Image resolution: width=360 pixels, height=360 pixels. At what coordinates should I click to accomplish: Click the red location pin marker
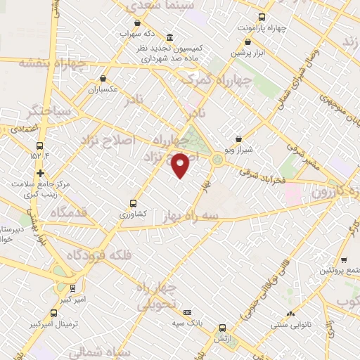(181, 164)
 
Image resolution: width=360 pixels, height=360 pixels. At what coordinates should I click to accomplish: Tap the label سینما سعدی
(155, 6)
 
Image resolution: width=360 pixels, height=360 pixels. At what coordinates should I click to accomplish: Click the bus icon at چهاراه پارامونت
(262, 17)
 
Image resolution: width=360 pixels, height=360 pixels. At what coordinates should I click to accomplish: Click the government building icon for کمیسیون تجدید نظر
(169, 37)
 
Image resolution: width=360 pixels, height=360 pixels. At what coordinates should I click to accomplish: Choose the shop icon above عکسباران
(103, 79)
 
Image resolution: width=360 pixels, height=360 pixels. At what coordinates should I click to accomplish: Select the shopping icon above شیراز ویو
(239, 139)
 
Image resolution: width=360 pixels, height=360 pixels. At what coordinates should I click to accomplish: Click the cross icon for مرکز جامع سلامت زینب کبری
(40, 172)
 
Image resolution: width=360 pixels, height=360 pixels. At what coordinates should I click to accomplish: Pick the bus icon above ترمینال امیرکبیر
(54, 314)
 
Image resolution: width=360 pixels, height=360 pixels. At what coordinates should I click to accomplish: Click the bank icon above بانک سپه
(187, 312)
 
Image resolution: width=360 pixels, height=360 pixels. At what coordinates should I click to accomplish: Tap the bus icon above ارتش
(223, 328)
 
